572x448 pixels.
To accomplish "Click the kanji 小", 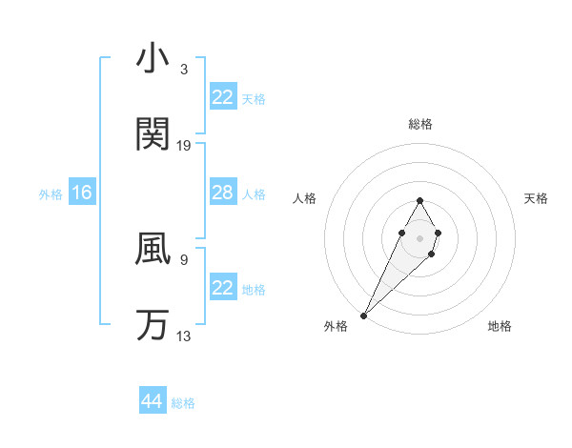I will [x=153, y=60].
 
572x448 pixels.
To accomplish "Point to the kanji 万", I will [x=153, y=325].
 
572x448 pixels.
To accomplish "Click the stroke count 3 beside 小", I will [x=183, y=70].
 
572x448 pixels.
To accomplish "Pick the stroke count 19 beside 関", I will [x=184, y=145].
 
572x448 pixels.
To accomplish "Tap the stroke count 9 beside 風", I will [x=183, y=258].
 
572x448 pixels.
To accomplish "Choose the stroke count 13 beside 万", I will [x=184, y=335].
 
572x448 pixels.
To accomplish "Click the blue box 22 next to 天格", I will [x=223, y=97].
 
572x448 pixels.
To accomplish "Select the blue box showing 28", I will [x=223, y=193].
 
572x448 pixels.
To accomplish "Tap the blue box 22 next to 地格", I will [x=223, y=288].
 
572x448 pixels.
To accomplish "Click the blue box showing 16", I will [x=82, y=193].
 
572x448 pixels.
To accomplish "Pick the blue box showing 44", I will [x=153, y=401].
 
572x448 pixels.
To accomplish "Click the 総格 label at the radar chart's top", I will [x=419, y=124].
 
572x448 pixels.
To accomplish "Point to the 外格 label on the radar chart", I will [x=336, y=326].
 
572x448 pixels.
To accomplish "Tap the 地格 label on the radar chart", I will [x=500, y=326].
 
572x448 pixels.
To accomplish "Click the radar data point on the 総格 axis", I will [x=419, y=200].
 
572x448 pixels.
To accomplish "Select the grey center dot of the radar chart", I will [x=419, y=236].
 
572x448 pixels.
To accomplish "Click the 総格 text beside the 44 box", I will [x=183, y=403].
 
